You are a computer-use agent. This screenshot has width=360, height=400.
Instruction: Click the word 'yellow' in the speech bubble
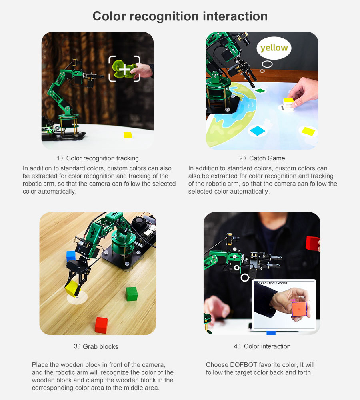[274, 48]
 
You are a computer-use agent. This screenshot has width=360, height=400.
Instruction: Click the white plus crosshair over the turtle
[124, 69]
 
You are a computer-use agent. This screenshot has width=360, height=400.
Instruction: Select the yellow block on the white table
[128, 135]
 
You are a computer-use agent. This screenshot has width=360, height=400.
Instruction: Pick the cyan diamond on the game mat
[258, 131]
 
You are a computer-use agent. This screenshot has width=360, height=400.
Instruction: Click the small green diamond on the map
[260, 90]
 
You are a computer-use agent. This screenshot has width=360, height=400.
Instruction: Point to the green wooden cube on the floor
[132, 294]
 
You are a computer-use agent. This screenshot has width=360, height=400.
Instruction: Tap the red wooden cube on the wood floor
[101, 325]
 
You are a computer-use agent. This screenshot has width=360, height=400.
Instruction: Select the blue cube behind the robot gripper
[71, 256]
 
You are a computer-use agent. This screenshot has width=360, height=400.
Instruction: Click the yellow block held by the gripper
[72, 288]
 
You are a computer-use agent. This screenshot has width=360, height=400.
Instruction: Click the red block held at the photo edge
[312, 243]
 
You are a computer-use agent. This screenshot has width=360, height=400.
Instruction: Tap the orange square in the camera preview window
[299, 309]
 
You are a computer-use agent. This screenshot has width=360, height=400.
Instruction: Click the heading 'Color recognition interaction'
[180, 16]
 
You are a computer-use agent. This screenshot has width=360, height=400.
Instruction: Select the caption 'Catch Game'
[267, 158]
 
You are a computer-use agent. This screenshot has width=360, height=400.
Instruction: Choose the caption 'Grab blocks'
[100, 346]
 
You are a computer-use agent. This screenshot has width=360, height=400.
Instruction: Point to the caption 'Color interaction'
[267, 346]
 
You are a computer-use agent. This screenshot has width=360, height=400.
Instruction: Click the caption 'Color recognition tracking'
[102, 158]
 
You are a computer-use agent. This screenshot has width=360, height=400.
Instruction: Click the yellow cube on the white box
[288, 100]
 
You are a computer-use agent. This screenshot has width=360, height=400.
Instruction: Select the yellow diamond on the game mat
[308, 131]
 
